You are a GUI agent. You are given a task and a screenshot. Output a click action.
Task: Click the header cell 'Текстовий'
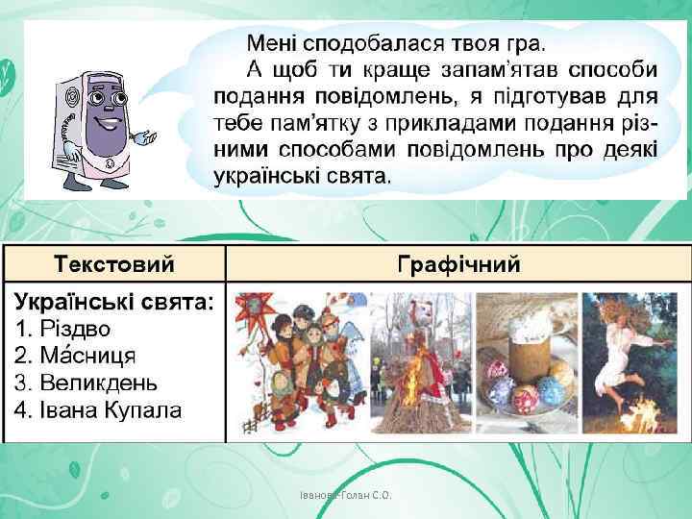point(113,263)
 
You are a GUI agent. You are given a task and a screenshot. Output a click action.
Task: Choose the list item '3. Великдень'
point(86,383)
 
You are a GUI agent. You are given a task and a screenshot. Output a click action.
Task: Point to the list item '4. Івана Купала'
point(98,411)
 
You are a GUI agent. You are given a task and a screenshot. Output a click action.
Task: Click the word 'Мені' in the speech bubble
point(275,44)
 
